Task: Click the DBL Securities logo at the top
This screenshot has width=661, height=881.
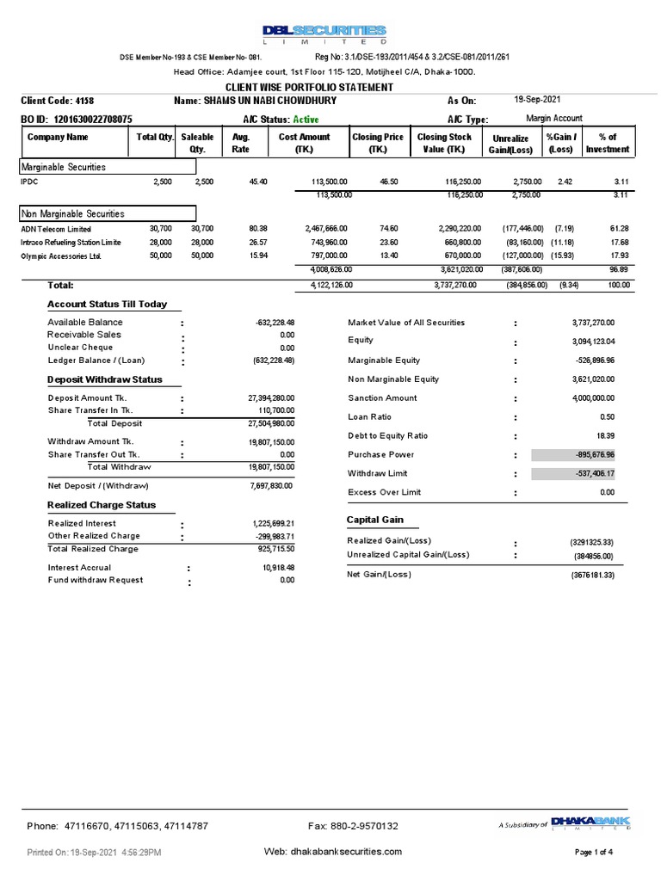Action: click(x=324, y=34)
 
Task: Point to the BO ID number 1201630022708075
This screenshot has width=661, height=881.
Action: click(x=93, y=119)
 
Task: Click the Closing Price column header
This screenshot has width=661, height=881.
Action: click(x=378, y=143)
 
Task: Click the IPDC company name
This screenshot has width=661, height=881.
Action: click(x=30, y=182)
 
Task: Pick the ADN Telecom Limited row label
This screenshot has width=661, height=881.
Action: click(x=55, y=229)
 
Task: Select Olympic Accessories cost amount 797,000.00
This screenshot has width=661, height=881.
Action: click(x=325, y=256)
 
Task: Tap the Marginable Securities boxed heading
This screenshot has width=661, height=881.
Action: click(x=63, y=167)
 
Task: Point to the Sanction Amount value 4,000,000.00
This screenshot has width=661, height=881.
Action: click(x=594, y=397)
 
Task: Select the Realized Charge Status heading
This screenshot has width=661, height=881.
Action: click(x=102, y=505)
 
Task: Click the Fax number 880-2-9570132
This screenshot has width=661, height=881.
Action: click(x=353, y=827)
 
